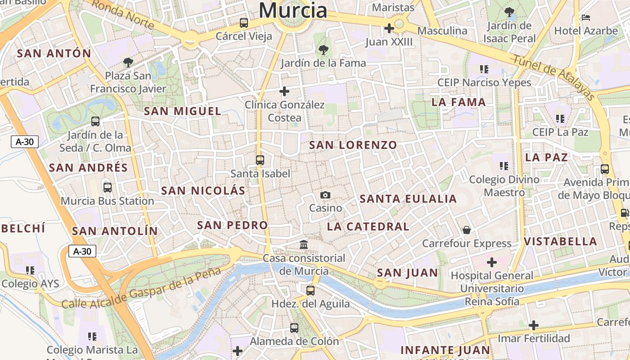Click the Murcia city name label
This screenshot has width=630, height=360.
(293, 10)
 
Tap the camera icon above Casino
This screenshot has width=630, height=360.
(325, 195)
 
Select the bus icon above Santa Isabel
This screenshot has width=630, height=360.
(260, 160)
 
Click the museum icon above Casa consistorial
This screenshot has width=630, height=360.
(304, 245)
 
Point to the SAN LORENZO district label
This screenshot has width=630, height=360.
(353, 145)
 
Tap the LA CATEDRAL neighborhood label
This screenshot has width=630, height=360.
(368, 226)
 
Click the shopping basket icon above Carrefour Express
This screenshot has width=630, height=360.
(467, 230)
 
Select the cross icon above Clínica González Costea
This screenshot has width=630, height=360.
(284, 91)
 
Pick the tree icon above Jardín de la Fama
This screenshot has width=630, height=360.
(323, 50)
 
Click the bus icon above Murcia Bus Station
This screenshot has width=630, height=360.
(107, 187)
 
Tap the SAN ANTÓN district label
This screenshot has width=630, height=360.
(54, 53)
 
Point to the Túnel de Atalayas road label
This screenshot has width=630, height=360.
(554, 78)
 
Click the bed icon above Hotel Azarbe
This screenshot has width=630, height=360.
(586, 18)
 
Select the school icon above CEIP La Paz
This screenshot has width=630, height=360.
(560, 119)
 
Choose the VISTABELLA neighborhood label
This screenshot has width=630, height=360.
(560, 241)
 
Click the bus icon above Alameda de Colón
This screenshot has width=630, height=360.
(294, 328)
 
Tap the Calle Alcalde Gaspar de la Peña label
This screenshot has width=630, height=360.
(141, 288)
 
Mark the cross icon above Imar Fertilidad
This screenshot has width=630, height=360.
(534, 325)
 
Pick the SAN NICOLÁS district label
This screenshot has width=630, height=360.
(203, 190)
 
